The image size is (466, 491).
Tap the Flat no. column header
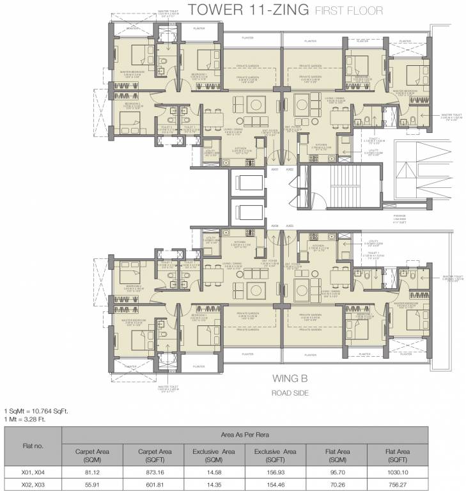point(32,445)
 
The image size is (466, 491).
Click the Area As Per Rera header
point(263,434)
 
